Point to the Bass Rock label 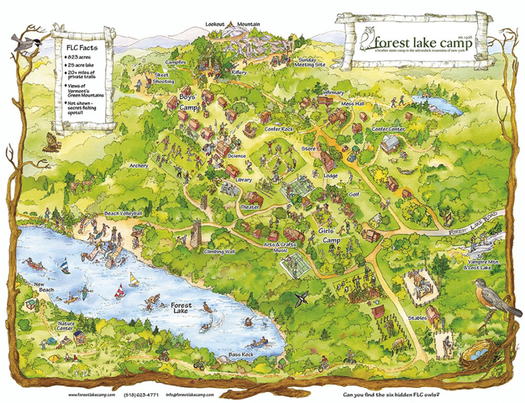(241, 355)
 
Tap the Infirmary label (333, 93)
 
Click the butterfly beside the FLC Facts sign (51, 142)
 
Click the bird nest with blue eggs (478, 356)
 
